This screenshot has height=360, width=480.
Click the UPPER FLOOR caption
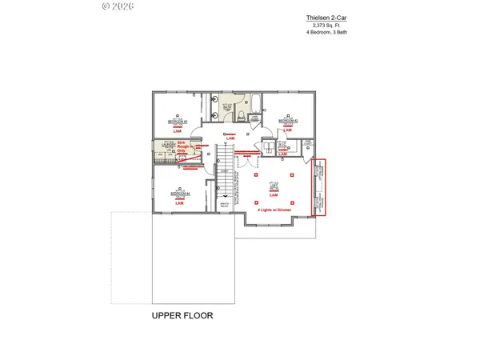182,316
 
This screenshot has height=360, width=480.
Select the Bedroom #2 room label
288,121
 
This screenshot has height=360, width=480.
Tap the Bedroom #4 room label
179,193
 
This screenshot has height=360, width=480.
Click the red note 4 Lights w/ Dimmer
274,210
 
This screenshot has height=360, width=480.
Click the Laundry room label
168,145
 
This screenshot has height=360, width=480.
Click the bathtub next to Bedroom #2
258,104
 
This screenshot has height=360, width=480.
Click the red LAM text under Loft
274,196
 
